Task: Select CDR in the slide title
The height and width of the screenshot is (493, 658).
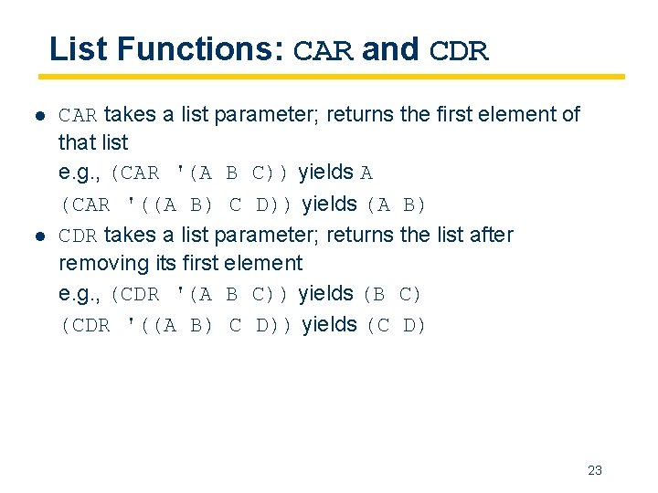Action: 459,50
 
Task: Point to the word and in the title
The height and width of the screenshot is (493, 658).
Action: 390,48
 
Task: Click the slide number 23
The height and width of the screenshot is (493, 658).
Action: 595,471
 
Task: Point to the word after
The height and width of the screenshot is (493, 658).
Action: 491,236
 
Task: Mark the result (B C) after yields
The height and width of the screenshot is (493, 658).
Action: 392,295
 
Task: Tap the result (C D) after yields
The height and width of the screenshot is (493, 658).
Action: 396,326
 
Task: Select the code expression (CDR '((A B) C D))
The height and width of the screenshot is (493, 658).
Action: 176,326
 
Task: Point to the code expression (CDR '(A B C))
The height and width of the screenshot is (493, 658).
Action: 201,295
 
